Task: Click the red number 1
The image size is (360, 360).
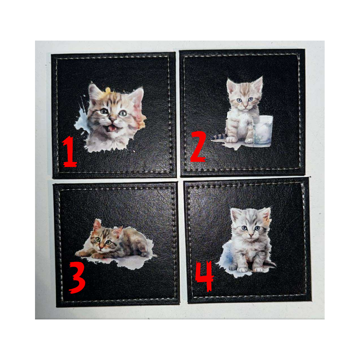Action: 69,152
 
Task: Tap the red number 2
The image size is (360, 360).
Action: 198,147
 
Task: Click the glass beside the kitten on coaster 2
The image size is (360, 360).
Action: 262,130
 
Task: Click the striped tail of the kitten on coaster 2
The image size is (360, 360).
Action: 218,137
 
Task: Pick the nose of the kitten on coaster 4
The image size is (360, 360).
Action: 251,235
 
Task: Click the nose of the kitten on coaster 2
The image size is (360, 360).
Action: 245,106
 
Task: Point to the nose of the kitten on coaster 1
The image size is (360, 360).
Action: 112,119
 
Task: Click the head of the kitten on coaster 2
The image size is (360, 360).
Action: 245,94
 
